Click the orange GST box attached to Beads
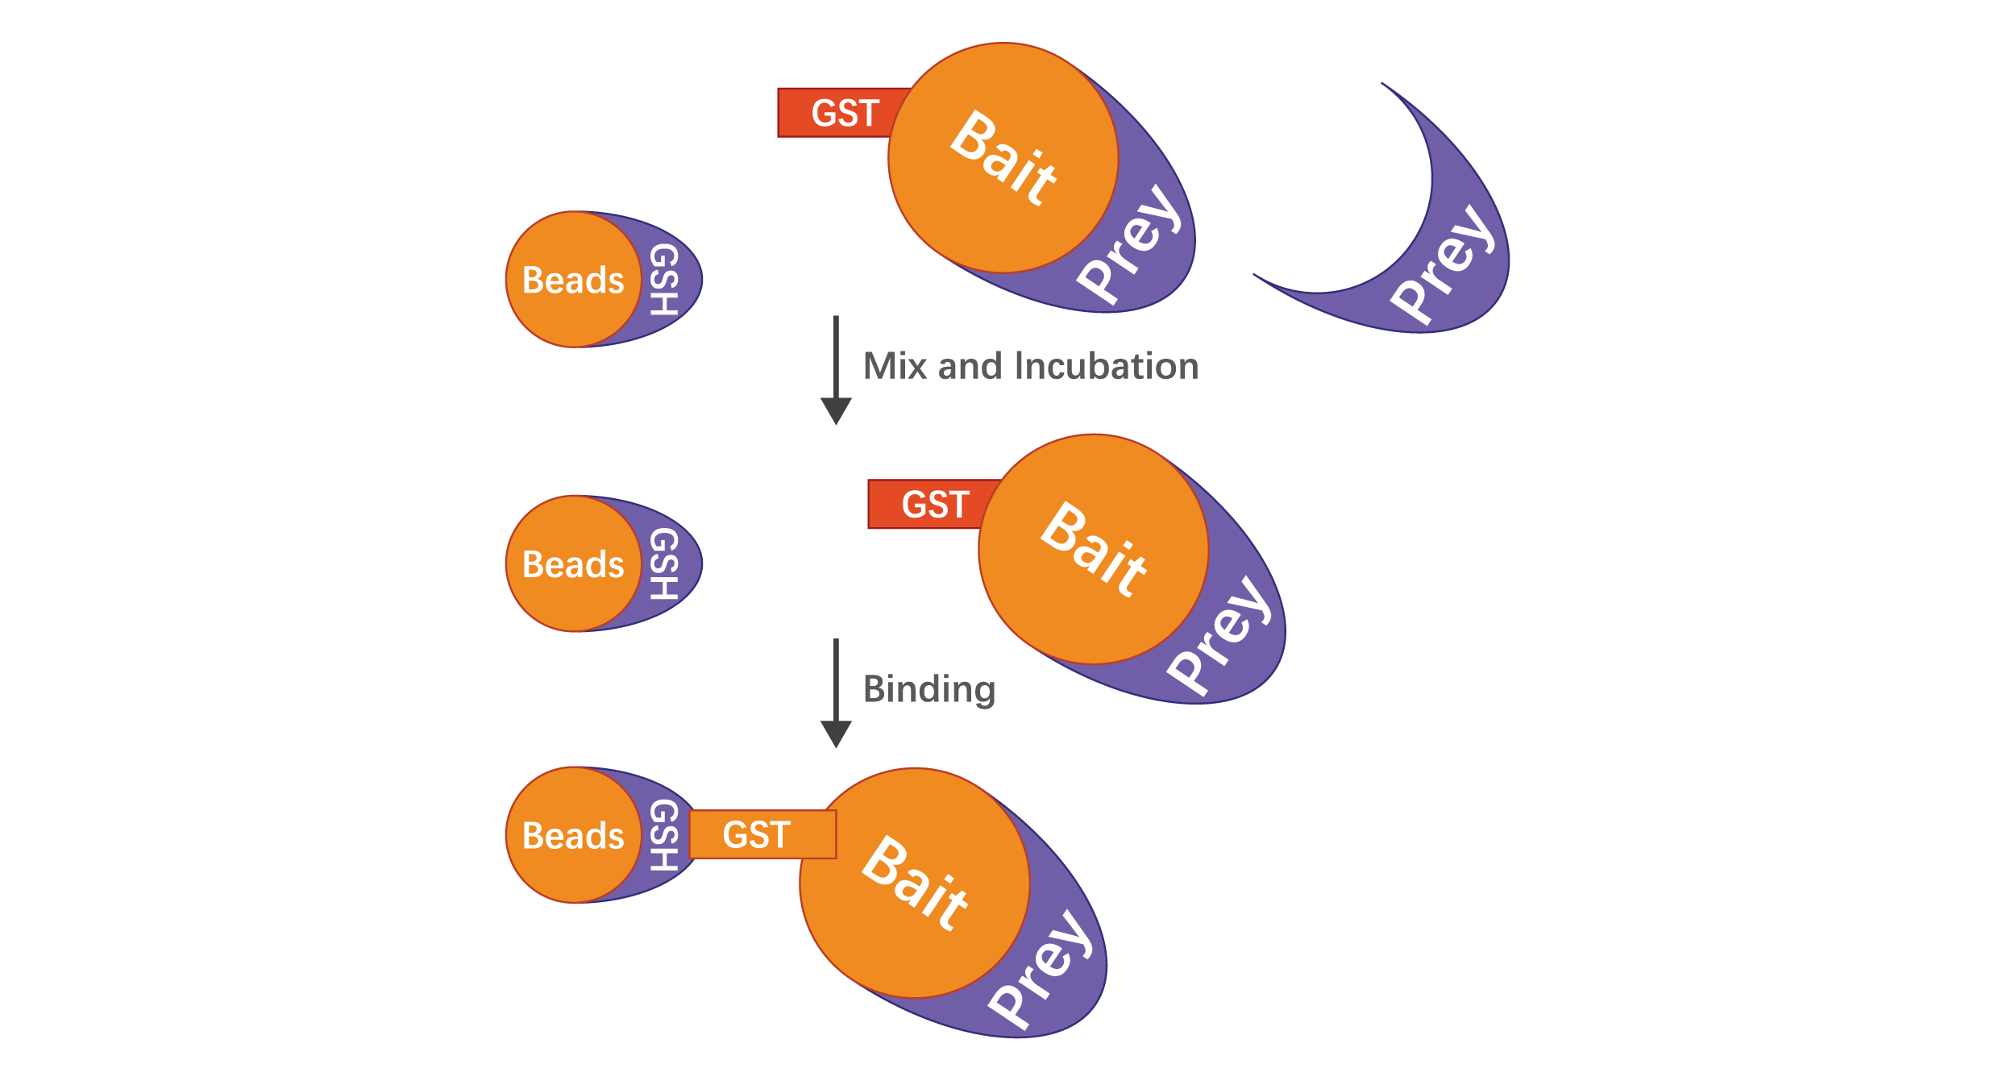762,834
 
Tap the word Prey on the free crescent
1443,266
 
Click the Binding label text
929,690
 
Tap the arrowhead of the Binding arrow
836,734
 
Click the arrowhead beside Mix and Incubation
836,410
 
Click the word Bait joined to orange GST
915,883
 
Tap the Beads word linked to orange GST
573,836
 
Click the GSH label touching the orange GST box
663,836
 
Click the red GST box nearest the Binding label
935,505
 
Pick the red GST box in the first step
845,113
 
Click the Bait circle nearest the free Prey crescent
1003,158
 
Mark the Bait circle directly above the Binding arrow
1094,549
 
